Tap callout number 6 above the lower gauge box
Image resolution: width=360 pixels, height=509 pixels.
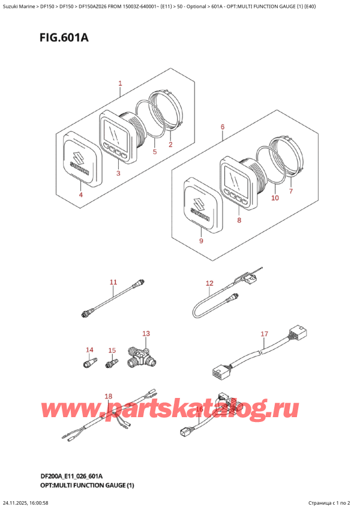(222, 127)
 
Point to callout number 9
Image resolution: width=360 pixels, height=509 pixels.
(201, 241)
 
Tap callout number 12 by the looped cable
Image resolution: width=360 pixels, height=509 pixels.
(209, 283)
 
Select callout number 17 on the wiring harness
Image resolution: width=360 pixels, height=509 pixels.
(263, 334)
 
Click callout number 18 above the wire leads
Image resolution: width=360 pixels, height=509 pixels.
(108, 396)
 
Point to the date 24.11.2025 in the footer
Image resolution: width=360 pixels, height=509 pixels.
(18, 502)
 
